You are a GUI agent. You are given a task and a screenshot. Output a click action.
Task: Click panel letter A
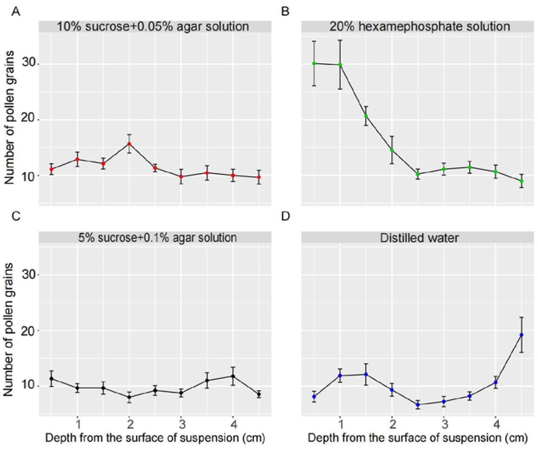(x=16, y=11)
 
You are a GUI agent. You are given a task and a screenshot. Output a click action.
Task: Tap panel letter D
(x=285, y=216)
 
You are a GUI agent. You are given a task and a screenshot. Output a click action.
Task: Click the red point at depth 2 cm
(x=129, y=144)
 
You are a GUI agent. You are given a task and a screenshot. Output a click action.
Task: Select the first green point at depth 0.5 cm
(x=314, y=64)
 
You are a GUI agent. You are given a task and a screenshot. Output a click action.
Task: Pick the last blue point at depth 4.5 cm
(x=522, y=335)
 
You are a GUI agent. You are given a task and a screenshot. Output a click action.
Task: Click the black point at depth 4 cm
(x=233, y=376)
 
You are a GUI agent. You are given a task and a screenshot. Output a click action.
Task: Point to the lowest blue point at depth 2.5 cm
(x=418, y=405)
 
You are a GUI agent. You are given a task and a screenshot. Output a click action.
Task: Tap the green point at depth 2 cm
(x=392, y=150)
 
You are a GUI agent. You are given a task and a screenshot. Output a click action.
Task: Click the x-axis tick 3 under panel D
(x=444, y=423)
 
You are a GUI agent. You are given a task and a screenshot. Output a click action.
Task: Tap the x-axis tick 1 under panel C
(x=78, y=423)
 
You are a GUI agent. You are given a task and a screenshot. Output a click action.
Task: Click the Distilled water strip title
(x=419, y=238)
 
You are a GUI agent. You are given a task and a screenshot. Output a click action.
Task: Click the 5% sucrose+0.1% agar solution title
(x=158, y=238)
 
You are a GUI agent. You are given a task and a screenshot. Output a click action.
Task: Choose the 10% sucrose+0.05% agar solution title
(x=153, y=26)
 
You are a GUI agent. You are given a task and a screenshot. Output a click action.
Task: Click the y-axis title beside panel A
(x=9, y=118)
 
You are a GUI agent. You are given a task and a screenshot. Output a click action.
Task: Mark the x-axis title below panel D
(x=417, y=438)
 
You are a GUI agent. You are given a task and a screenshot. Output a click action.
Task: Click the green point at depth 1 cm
(x=340, y=65)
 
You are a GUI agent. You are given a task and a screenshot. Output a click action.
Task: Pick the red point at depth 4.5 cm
(x=259, y=177)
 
